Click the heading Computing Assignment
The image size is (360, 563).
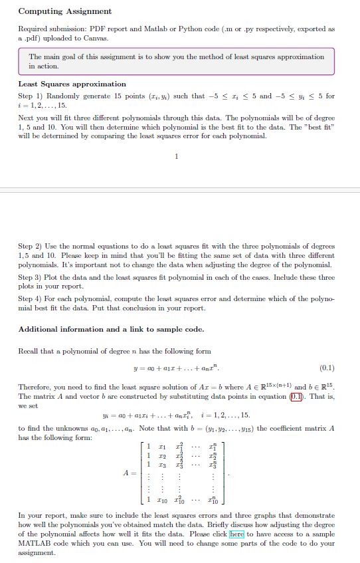point(65,11)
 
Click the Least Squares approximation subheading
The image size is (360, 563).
point(72,84)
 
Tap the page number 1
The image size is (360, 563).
point(176,157)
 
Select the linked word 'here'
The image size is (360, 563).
point(237,534)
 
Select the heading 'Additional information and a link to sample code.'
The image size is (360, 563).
point(111,329)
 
